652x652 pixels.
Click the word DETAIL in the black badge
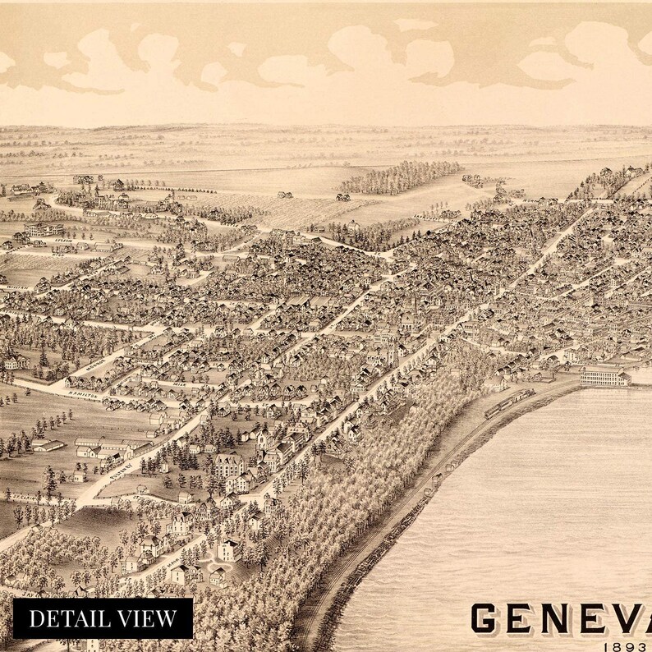click(75, 618)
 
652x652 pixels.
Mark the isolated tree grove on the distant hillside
click(402, 176)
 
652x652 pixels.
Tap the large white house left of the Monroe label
click(16, 361)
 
